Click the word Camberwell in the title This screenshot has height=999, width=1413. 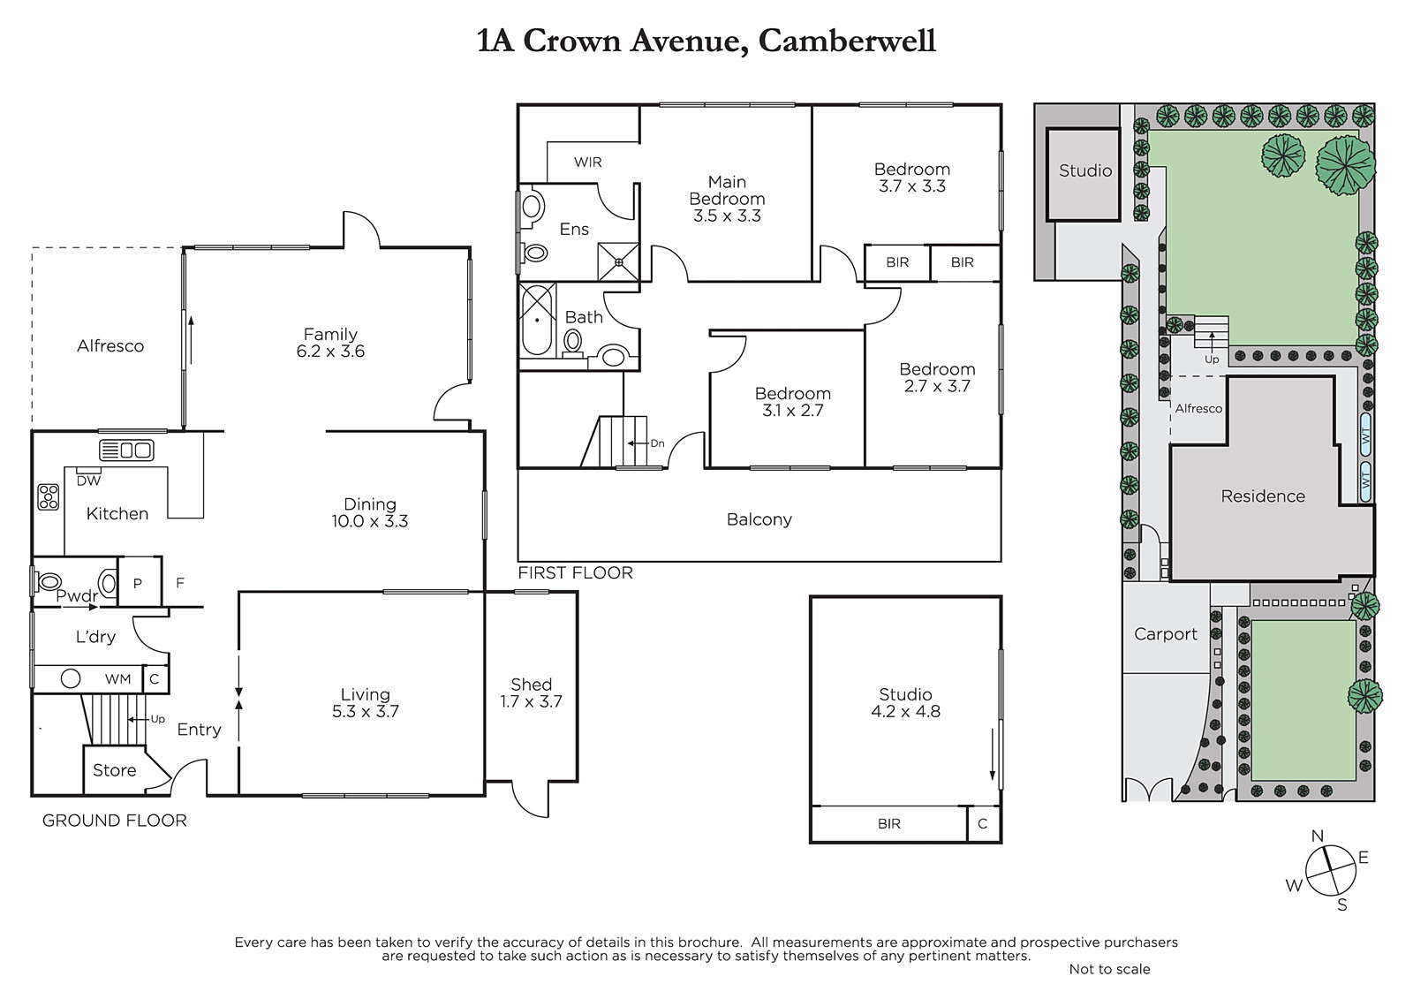(x=847, y=41)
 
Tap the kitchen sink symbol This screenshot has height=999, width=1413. (x=127, y=450)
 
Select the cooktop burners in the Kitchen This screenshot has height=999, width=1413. (x=49, y=496)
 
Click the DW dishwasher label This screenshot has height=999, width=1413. (x=89, y=481)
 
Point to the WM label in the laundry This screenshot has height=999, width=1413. (x=118, y=679)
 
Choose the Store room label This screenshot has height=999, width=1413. (x=114, y=770)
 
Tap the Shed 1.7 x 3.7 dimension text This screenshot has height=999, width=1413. (x=531, y=701)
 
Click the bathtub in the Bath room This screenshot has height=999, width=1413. (x=538, y=320)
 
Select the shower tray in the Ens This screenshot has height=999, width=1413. (x=619, y=262)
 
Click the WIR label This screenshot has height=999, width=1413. (x=588, y=163)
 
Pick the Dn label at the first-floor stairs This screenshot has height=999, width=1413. (x=657, y=443)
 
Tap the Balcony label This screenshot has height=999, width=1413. (x=759, y=519)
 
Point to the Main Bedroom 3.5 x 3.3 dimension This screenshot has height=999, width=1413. (x=728, y=216)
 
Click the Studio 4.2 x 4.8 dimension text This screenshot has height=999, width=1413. (x=906, y=712)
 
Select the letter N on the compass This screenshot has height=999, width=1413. (x=1317, y=836)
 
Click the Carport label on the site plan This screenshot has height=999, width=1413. (x=1166, y=634)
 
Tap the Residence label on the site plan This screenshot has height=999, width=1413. (x=1263, y=496)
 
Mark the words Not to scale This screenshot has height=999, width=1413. (x=1109, y=969)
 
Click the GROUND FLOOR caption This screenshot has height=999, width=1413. (x=115, y=821)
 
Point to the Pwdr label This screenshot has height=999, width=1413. (x=77, y=595)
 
